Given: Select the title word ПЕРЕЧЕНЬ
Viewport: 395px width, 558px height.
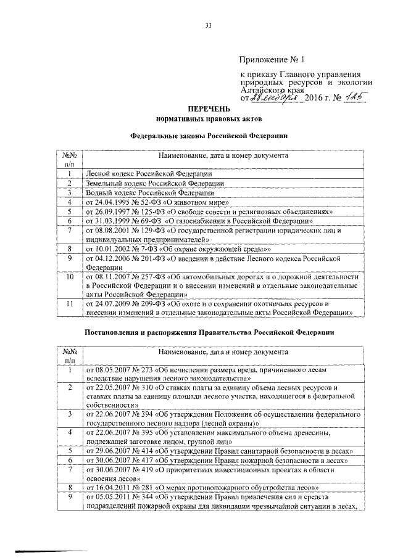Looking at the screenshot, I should click(x=210, y=108).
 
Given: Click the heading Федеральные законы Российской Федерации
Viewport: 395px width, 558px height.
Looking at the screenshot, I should click(x=210, y=136).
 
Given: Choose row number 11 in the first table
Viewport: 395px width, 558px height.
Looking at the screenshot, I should click(x=70, y=303).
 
